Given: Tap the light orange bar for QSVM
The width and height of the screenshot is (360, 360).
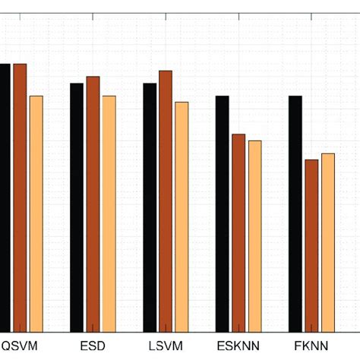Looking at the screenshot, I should click(36, 213).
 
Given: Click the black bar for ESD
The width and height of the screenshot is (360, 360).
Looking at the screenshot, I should click(77, 206).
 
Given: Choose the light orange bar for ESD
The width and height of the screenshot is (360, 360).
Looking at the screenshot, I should click(109, 213).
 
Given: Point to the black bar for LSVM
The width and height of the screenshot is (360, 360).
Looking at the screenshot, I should click(150, 206).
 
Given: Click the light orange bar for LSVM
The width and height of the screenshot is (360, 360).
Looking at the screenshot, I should click(182, 216).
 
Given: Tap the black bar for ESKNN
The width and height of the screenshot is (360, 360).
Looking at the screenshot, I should click(222, 213).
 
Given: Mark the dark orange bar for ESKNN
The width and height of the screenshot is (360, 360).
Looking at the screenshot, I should click(238, 232).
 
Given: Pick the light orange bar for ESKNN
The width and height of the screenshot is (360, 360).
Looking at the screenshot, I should click(254, 235).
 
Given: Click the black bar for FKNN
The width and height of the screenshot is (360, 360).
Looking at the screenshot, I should click(295, 213).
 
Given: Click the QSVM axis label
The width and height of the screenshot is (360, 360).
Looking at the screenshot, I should click(19, 346).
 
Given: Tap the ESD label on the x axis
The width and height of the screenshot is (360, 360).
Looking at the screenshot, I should click(93, 346).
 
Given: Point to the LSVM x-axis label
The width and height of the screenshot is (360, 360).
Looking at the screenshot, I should click(166, 346).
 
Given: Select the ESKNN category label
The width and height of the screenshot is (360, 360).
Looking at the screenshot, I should click(238, 346).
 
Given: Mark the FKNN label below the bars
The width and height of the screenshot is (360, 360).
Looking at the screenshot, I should click(311, 346).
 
